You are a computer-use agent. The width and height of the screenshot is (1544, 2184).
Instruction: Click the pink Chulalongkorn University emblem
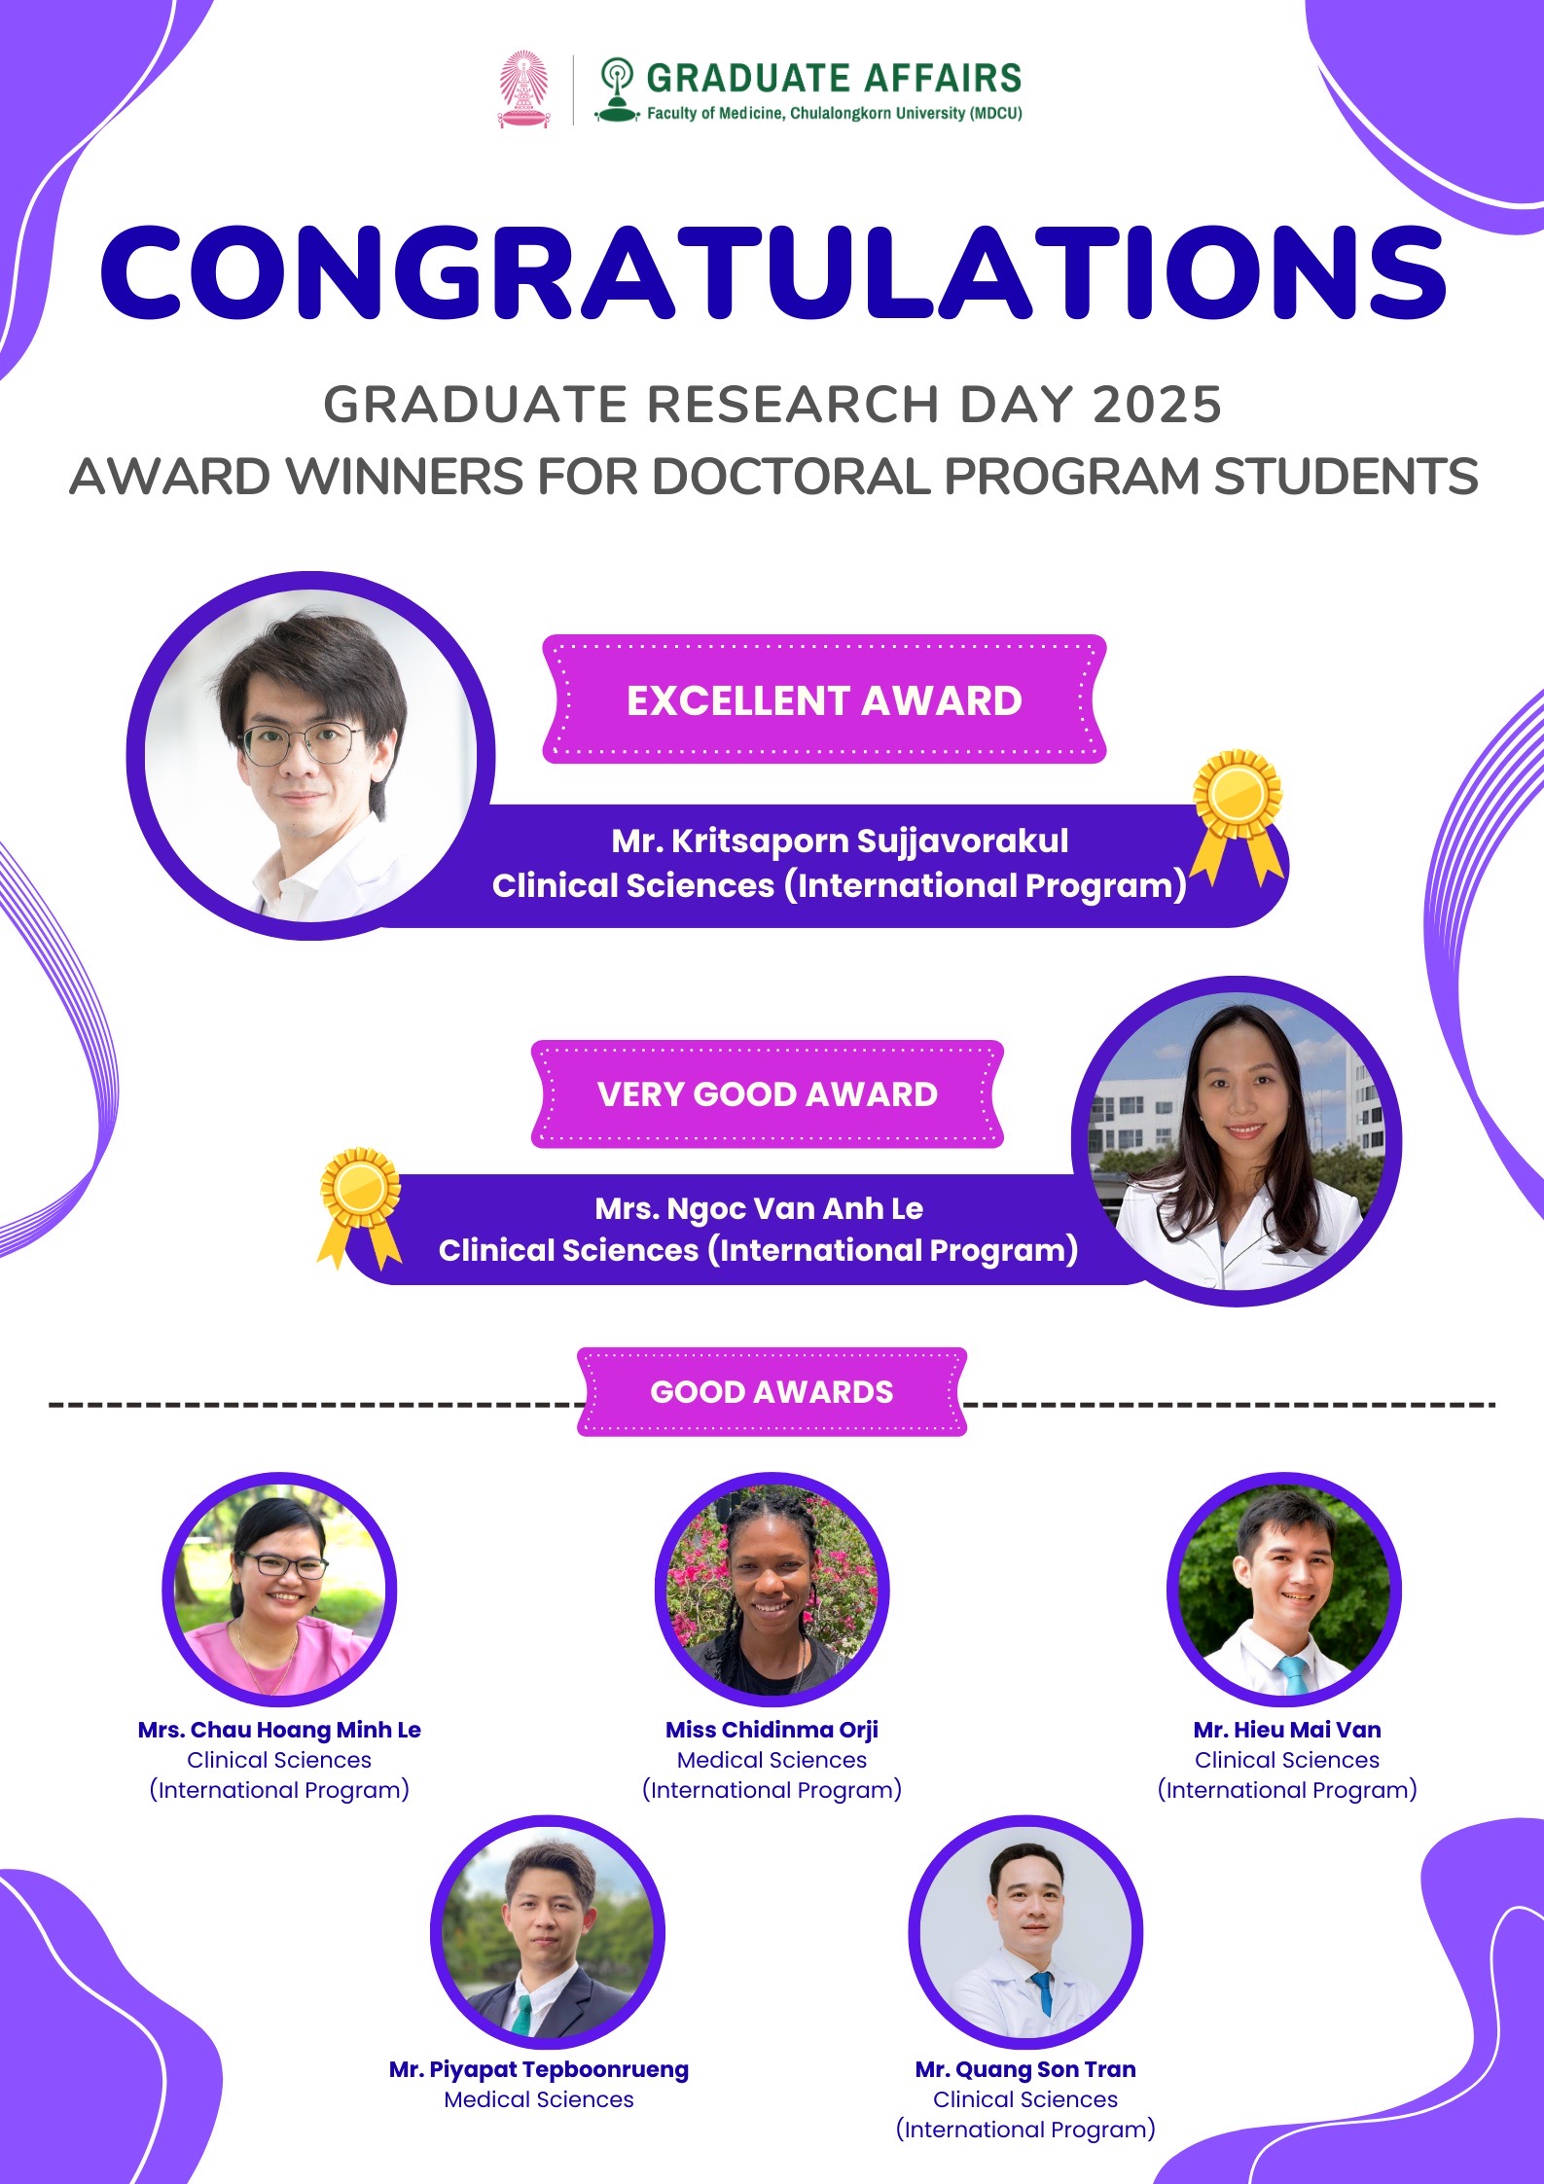click(523, 90)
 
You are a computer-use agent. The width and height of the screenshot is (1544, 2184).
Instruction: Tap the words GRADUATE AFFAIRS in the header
click(834, 78)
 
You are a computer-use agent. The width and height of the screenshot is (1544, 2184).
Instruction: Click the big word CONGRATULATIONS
click(773, 273)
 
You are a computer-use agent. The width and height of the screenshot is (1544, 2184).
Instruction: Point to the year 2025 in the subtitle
click(1157, 405)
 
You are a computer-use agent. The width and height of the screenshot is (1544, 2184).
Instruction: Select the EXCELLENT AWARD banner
click(824, 699)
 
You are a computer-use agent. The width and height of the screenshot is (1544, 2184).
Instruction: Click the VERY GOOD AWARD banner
click(768, 1093)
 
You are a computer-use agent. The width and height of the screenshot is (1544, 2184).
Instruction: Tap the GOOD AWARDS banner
click(772, 1391)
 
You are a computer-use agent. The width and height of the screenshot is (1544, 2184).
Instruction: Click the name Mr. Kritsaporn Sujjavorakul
click(840, 841)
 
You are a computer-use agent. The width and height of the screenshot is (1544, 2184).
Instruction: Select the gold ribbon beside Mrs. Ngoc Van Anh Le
click(360, 1207)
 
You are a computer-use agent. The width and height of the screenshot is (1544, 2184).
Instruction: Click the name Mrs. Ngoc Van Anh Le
click(759, 1208)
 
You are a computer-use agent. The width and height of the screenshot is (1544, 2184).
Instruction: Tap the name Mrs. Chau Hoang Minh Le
click(279, 1729)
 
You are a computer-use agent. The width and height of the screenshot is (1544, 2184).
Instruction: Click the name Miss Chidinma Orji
click(772, 1729)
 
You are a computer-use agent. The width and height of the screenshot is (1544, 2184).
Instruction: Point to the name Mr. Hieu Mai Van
click(1287, 1729)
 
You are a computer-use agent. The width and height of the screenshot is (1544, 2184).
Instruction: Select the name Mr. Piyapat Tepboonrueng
click(539, 2069)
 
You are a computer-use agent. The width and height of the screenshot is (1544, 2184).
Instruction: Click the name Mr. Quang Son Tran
click(1025, 2069)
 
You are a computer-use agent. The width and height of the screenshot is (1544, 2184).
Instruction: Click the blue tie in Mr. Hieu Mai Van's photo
click(1293, 1675)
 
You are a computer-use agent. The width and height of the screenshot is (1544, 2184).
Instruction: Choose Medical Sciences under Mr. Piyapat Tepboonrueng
click(539, 2099)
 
